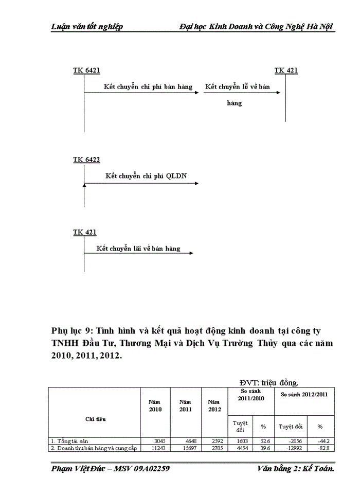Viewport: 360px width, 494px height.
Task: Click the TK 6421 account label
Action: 86,70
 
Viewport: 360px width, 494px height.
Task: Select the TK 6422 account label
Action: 86,160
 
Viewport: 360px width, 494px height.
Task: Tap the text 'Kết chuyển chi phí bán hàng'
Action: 148,87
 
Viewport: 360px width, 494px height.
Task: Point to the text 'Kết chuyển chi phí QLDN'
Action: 146,176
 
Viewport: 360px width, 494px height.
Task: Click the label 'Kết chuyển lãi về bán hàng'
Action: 139,249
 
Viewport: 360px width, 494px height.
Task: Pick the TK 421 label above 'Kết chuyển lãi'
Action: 84,233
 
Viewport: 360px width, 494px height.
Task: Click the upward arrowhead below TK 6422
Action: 84,185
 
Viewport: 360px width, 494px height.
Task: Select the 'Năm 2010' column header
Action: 155,405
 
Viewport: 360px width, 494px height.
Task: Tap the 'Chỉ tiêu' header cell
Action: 96,419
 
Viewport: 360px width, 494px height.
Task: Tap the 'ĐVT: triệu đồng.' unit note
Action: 268,382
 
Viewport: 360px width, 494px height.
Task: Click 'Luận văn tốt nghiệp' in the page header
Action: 87,26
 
